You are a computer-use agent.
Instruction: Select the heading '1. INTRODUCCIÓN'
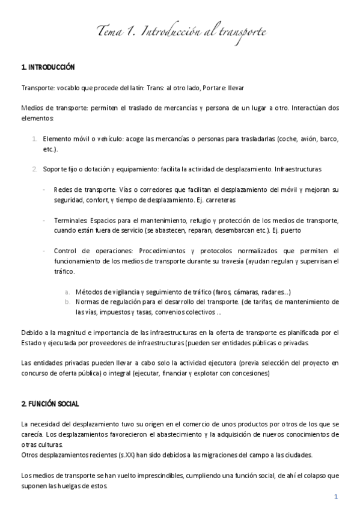[47, 67]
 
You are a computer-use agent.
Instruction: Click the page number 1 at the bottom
[337, 497]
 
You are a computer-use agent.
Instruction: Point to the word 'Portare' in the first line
[215, 87]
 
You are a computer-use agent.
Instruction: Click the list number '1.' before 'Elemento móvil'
[35, 138]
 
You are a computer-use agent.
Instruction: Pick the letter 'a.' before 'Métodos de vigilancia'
[68, 292]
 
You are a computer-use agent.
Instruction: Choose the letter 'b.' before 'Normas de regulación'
[68, 302]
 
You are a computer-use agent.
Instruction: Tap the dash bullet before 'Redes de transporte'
[45, 189]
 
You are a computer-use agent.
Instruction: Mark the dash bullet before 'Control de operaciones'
[45, 250]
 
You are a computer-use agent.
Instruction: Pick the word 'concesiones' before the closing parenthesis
[250, 373]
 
